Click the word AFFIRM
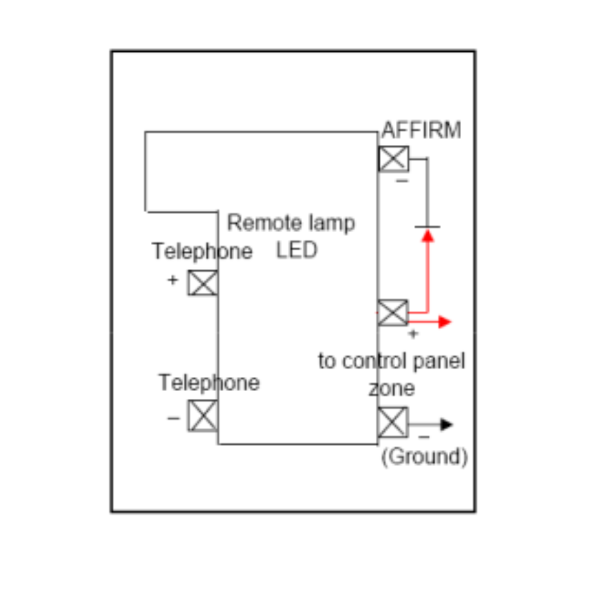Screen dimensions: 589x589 click(421, 130)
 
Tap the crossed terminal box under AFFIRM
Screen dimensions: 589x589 click(393, 158)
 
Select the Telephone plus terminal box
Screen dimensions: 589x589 click(203, 283)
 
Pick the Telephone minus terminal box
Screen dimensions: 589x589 click(203, 416)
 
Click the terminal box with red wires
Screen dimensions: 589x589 click(392, 313)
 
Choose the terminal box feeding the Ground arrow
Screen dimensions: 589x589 click(392, 422)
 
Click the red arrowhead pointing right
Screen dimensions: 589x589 click(445, 322)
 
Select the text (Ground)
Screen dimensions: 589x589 click(425, 457)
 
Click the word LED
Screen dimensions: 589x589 click(297, 250)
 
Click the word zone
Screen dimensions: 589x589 click(392, 389)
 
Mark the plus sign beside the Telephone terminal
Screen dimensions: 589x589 click(173, 280)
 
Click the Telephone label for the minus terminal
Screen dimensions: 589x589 click(209, 383)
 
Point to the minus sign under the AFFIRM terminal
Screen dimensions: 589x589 click(402, 180)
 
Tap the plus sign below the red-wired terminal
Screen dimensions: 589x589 click(413, 334)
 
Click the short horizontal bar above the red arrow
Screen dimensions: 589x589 click(427, 227)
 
